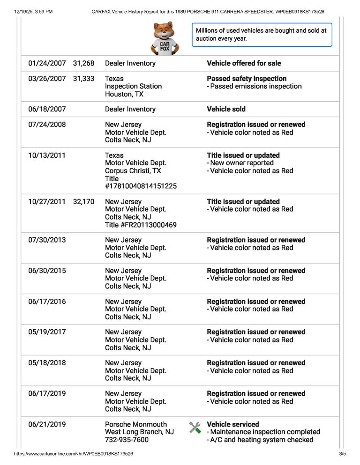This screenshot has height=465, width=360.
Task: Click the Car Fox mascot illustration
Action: coord(164,39)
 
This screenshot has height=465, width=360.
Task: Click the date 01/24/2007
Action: coord(47,63)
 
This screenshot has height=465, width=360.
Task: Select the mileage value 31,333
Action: coord(83,79)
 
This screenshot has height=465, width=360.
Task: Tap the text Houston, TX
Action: coord(124,94)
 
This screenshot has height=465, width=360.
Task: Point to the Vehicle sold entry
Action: coord(226,109)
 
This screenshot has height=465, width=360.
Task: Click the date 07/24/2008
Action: coord(47,125)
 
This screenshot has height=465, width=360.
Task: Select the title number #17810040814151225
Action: coord(141,186)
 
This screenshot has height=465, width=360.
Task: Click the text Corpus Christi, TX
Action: coord(133,171)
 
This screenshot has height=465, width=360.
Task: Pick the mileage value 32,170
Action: coord(83,201)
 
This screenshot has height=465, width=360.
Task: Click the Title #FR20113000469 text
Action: coord(141,225)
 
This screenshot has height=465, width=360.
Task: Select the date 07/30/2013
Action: coord(47,240)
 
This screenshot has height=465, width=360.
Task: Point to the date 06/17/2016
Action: coord(47,302)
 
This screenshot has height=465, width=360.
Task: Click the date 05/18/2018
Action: coord(47,363)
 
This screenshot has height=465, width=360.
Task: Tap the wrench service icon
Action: coord(195,428)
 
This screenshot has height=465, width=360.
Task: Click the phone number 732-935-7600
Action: coord(127,440)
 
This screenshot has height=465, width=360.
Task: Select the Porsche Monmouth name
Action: coord(135,424)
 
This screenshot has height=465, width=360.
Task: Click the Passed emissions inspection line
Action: coord(255,86)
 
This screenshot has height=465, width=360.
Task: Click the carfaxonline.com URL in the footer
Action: coord(74,454)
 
